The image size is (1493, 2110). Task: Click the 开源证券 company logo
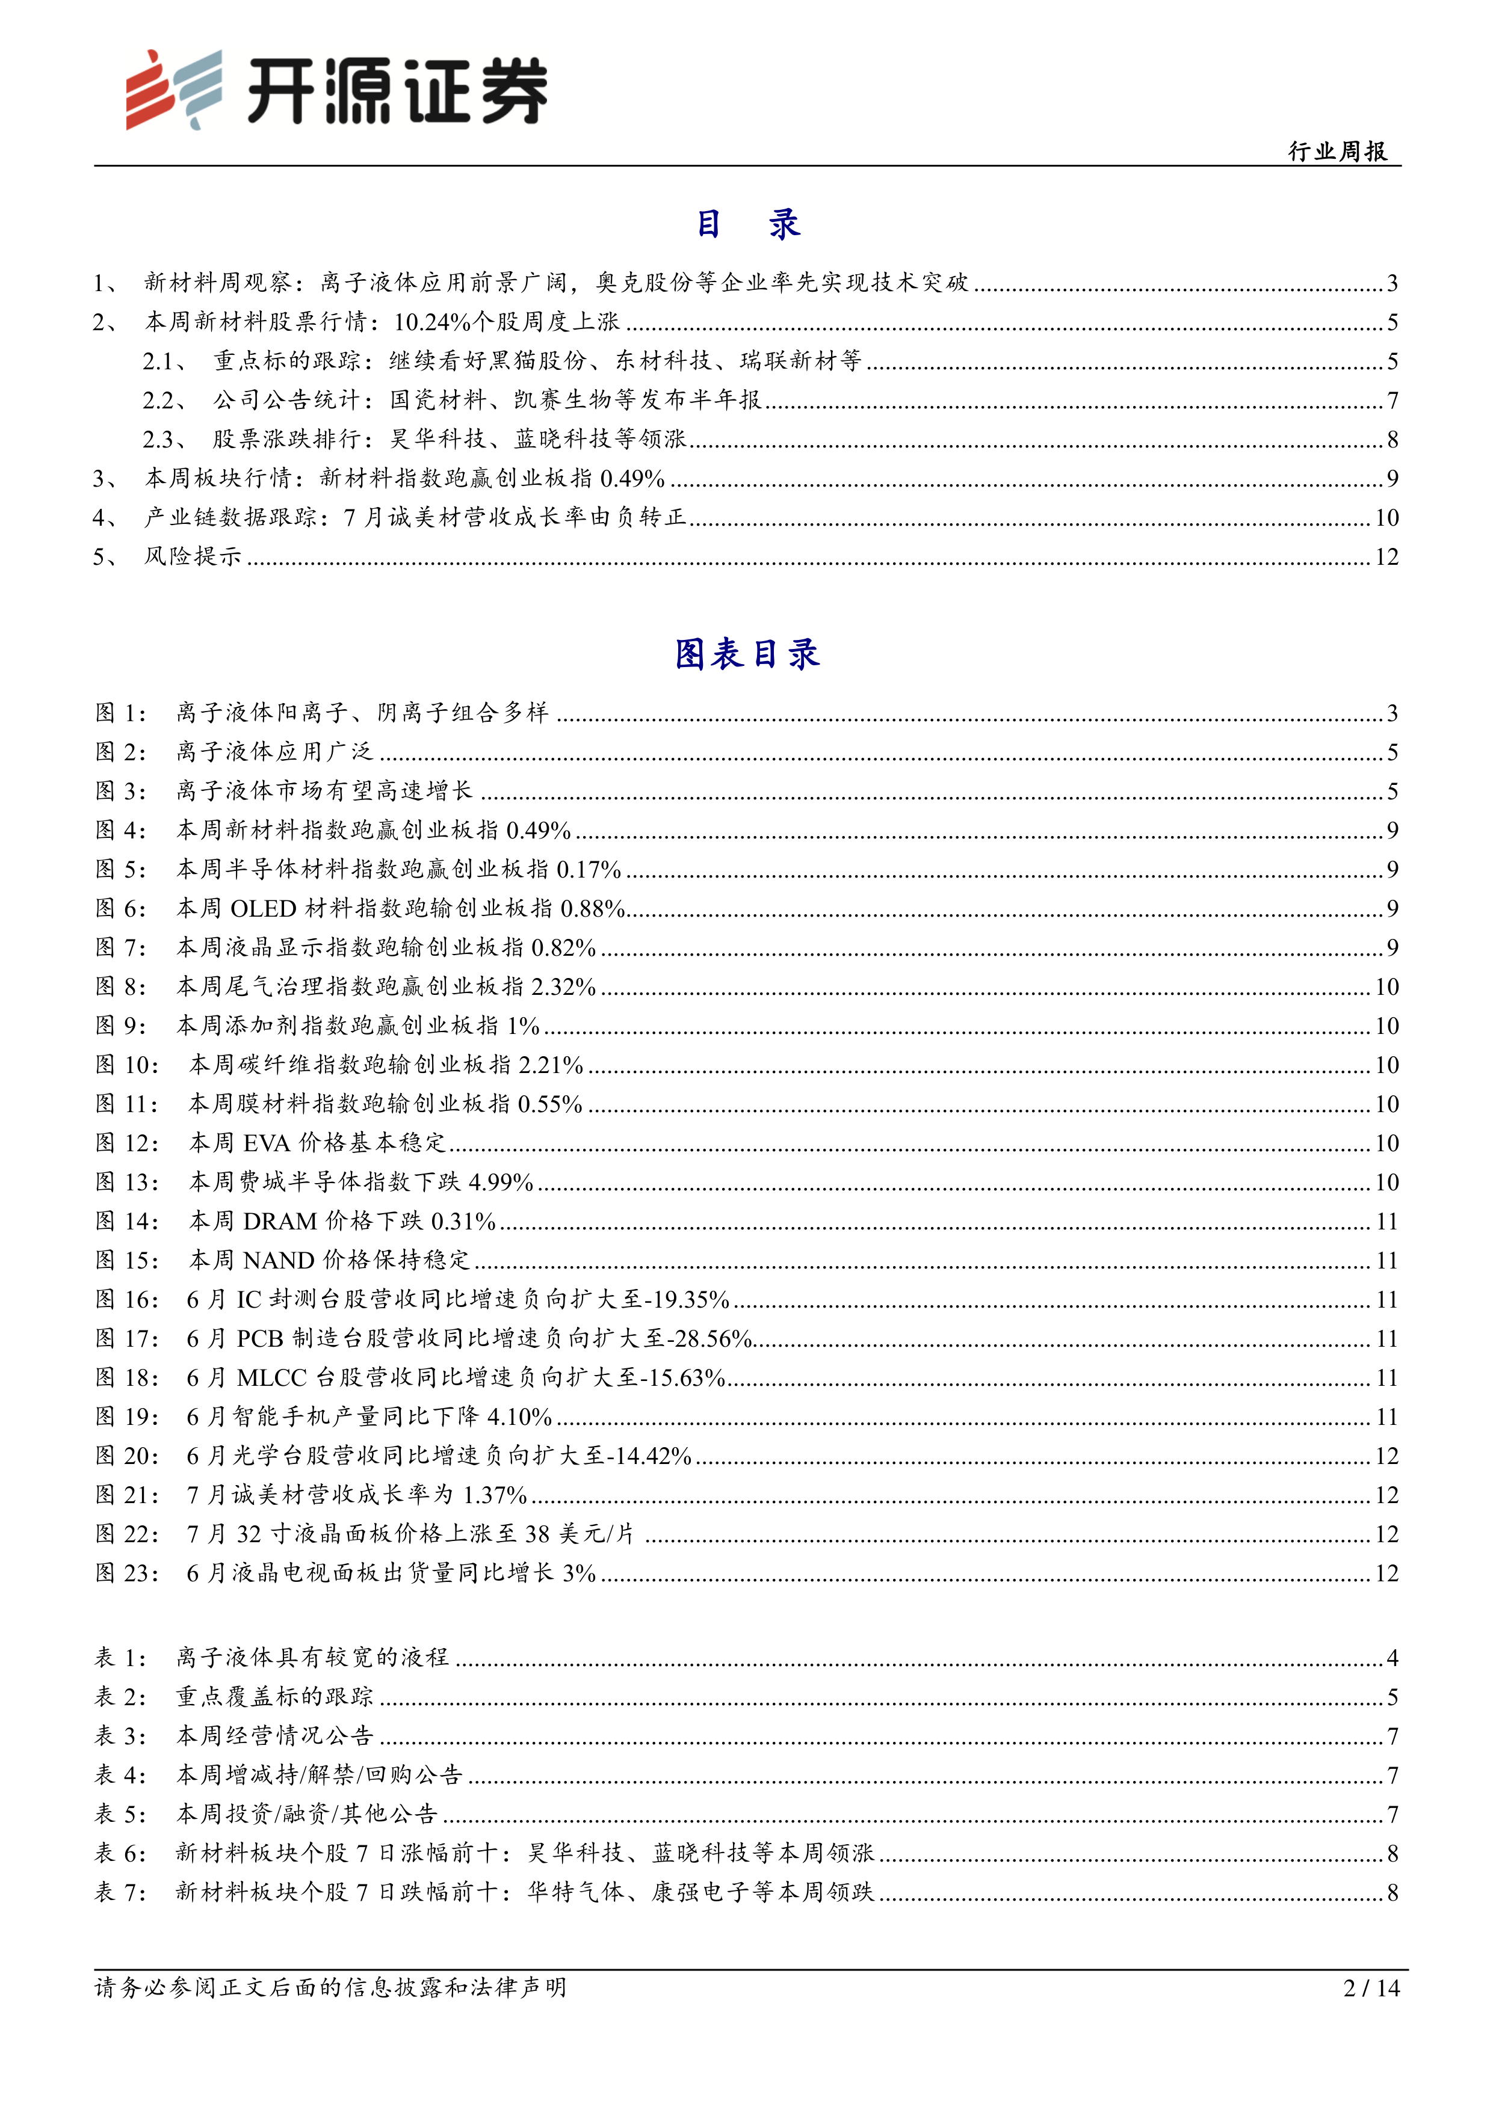click(x=336, y=90)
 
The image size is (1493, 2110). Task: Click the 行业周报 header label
click(x=1338, y=152)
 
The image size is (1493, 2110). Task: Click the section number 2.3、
click(x=165, y=439)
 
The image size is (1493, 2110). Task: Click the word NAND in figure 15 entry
click(x=279, y=1261)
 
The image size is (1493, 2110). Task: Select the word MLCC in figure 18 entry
click(x=271, y=1377)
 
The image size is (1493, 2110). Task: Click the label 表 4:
click(x=120, y=1774)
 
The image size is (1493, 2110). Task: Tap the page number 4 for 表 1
click(x=1392, y=1658)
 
